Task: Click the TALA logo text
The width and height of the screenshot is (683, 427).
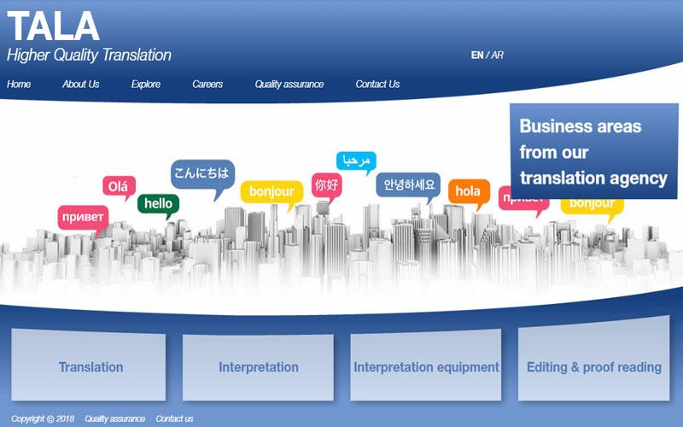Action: pos(53,26)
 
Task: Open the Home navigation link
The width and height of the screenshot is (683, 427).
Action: pos(19,84)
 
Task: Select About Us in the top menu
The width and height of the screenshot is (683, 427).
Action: pos(80,84)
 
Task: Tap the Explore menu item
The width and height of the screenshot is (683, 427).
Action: pos(146,84)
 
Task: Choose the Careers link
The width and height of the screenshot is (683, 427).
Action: pos(207,84)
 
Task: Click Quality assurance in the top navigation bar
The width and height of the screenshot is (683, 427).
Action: pos(289,84)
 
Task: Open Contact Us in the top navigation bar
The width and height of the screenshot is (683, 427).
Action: pos(377,84)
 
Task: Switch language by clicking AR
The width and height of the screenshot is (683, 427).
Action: pos(498,55)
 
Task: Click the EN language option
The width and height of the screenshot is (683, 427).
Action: pos(477,55)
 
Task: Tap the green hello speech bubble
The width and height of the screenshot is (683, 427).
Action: pos(159,204)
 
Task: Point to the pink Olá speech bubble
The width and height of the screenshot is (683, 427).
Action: pos(119,187)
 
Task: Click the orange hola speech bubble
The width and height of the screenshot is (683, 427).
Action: pos(469,192)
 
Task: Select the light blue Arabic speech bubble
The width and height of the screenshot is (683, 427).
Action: pos(356,161)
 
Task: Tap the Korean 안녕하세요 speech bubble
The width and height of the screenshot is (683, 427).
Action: pos(408,185)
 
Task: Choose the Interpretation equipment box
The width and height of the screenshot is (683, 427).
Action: pos(425,366)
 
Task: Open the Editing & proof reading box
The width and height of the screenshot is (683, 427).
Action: pos(593,359)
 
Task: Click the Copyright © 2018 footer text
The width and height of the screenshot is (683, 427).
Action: pos(43,418)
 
